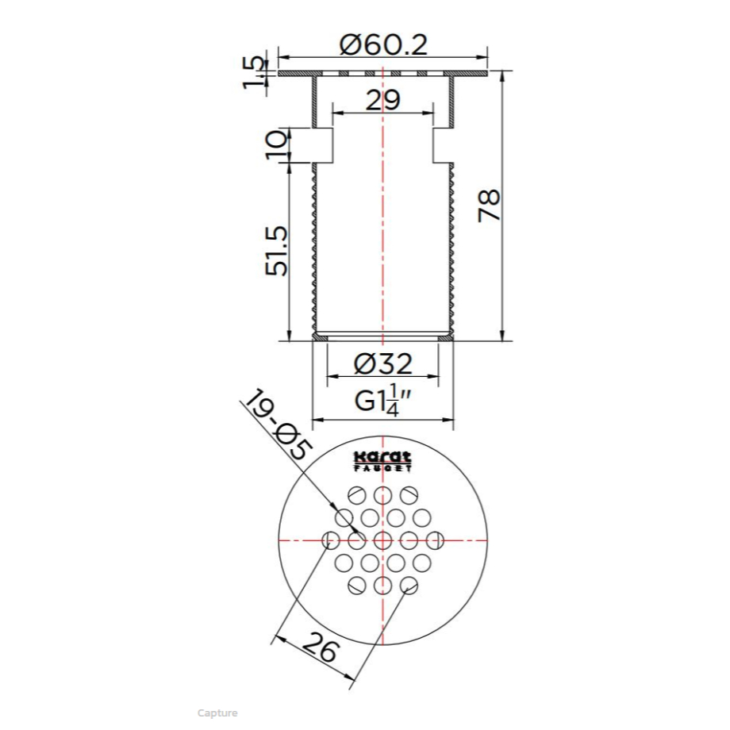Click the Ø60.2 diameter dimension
(x=383, y=45)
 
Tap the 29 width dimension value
(x=382, y=100)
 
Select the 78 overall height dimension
(x=490, y=205)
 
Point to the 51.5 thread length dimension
(x=277, y=251)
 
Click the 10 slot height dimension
(x=277, y=145)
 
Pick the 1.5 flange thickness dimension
(x=254, y=71)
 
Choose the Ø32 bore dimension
(x=382, y=363)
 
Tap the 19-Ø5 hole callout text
(x=279, y=425)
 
